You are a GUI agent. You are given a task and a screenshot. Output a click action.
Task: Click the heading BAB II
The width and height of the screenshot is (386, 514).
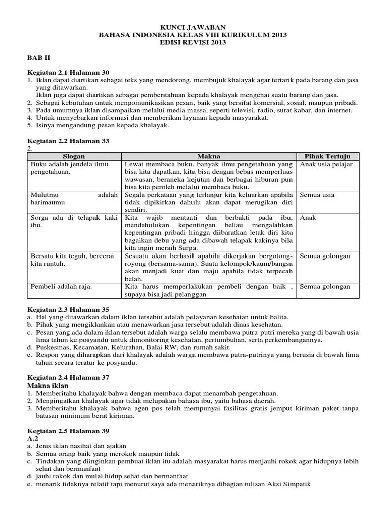point(37,58)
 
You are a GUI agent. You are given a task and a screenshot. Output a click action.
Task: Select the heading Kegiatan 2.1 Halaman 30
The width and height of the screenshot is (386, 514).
point(68,72)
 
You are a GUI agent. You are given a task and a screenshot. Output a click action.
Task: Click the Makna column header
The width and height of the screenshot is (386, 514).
point(208,156)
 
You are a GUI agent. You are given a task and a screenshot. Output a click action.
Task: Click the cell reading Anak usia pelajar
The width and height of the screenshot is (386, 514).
point(326,164)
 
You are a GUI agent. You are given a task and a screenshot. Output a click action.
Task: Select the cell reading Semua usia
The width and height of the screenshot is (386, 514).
point(318,194)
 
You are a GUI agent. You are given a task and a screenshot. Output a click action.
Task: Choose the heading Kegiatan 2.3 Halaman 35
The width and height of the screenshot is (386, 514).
point(68,309)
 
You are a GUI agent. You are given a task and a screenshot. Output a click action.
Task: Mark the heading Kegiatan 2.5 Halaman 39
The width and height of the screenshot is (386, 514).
point(68,431)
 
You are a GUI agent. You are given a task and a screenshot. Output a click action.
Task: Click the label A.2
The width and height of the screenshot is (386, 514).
point(33,438)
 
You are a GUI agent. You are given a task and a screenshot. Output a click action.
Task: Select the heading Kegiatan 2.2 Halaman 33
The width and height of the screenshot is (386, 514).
point(68,141)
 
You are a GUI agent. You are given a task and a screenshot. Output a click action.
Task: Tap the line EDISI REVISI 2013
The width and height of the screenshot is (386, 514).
point(193,43)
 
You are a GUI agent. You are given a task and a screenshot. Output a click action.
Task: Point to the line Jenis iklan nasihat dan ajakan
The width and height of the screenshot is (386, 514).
point(80,446)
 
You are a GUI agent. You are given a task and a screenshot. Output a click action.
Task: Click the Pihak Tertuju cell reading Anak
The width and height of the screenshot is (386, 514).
point(308,218)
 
